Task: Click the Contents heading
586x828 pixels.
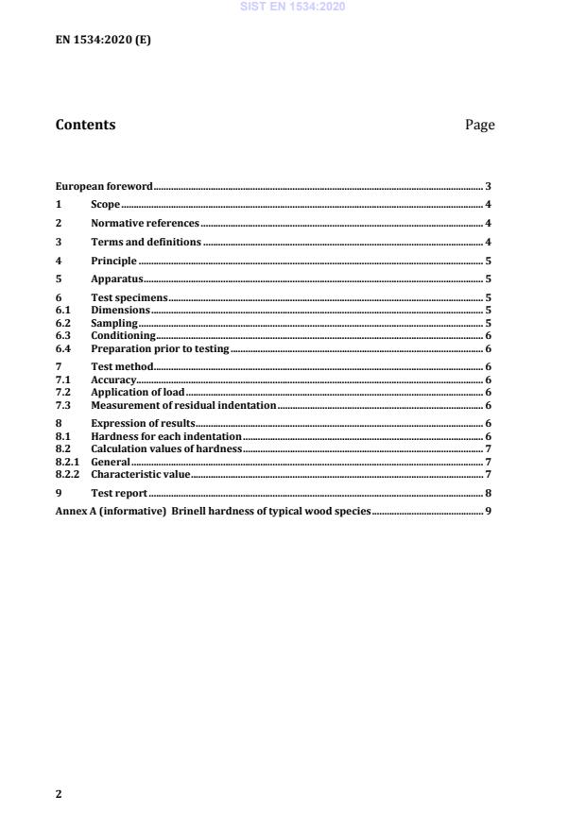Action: point(85,125)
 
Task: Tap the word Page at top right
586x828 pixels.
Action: point(479,125)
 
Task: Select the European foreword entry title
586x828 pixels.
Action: point(104,187)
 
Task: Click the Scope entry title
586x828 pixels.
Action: point(105,205)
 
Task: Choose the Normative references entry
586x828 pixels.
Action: point(145,224)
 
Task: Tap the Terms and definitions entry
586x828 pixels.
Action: point(146,243)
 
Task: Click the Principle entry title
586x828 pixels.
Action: point(113,261)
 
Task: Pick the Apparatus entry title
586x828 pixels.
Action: point(116,279)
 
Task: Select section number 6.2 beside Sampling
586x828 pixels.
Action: point(63,323)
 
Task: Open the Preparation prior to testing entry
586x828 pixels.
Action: point(160,348)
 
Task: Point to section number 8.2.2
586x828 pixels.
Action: point(68,474)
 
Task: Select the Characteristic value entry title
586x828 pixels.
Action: point(140,474)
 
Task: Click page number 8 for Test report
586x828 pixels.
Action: point(488,493)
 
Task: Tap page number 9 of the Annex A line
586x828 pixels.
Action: point(488,511)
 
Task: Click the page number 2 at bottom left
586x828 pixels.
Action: point(59,794)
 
